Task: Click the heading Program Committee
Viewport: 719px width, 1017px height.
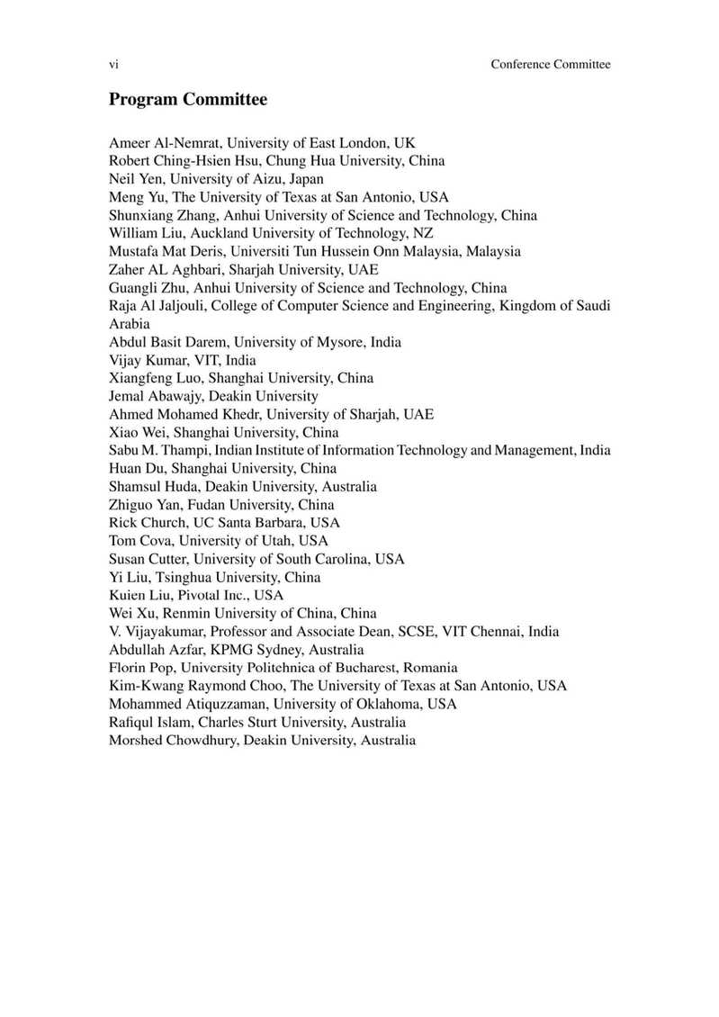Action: [x=187, y=100]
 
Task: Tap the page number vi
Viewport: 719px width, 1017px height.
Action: [x=113, y=64]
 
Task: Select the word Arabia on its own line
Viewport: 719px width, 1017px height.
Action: [x=130, y=323]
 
